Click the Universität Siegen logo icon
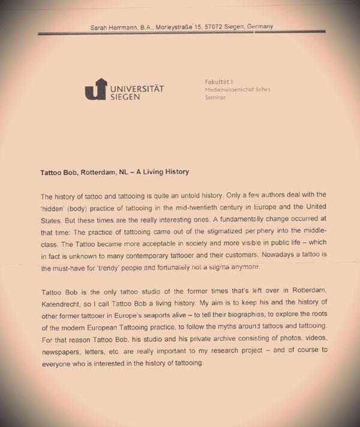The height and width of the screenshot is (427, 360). click(x=95, y=89)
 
